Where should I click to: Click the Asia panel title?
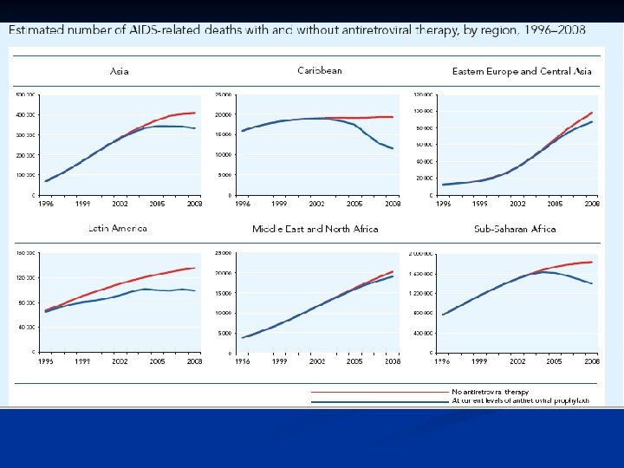point(120,71)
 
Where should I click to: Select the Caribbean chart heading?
point(320,70)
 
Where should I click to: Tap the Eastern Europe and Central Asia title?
point(522,71)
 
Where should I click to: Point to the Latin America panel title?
point(118,229)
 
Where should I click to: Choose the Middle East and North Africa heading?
point(315,229)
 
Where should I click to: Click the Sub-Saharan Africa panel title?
point(515,229)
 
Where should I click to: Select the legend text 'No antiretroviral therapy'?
point(490,392)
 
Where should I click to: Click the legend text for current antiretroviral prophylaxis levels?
point(520,401)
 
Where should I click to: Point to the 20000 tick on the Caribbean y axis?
point(224,114)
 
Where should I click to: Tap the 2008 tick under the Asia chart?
point(196,204)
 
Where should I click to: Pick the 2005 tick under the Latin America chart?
point(158,361)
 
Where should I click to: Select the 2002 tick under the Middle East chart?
point(317,361)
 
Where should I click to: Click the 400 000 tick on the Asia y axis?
point(25,114)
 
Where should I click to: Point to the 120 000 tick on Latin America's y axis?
point(25,278)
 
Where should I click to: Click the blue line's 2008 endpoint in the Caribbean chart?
point(393,148)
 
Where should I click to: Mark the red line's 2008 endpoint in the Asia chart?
point(195,113)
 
